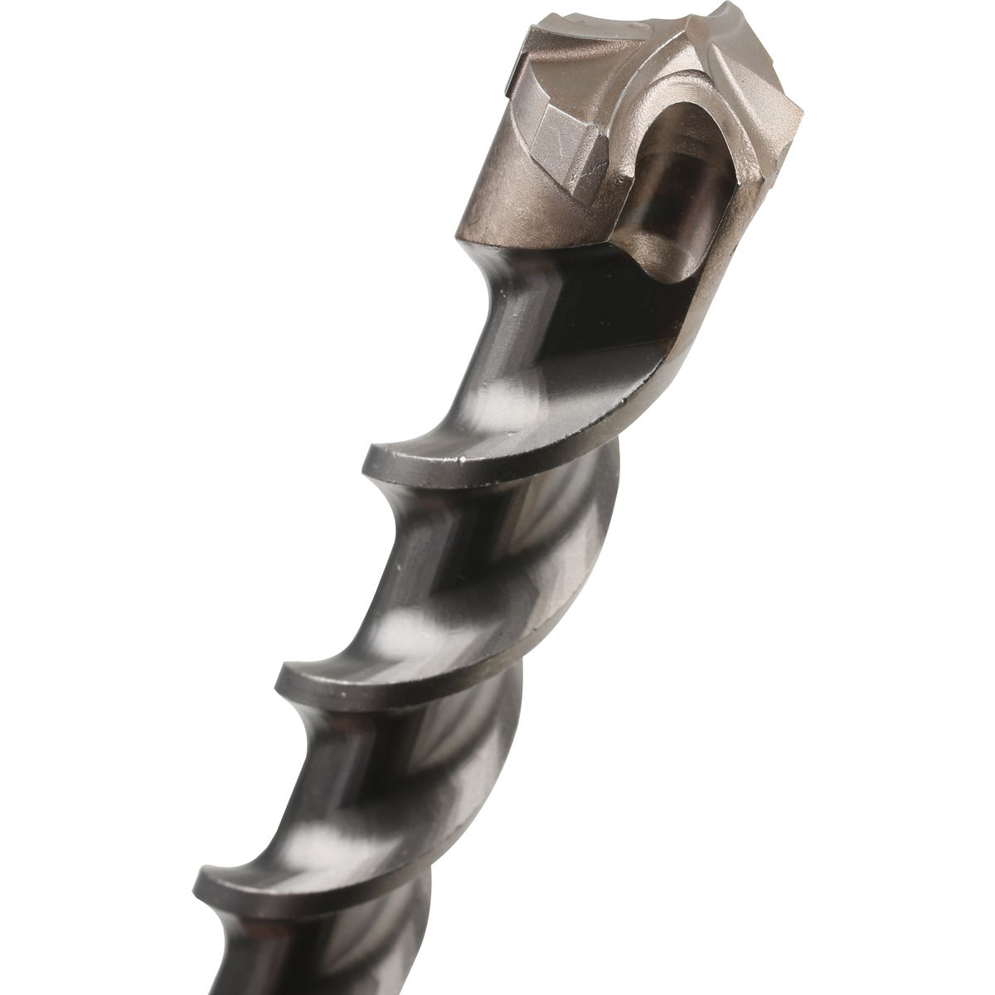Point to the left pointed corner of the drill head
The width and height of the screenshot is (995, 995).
[508, 86]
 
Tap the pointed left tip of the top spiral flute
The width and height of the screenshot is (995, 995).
[371, 454]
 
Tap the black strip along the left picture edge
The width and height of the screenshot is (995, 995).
[95, 498]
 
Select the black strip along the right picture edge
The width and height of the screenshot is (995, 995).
[900, 498]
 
